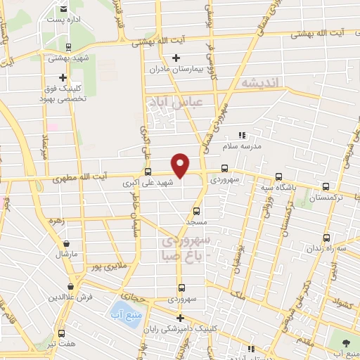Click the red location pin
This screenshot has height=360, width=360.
pyautogui.click(x=181, y=165)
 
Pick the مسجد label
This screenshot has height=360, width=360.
pyautogui.click(x=195, y=221)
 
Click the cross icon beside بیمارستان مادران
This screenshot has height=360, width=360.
pyautogui.click(x=176, y=57)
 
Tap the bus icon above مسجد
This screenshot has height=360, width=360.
pyautogui.click(x=195, y=210)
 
